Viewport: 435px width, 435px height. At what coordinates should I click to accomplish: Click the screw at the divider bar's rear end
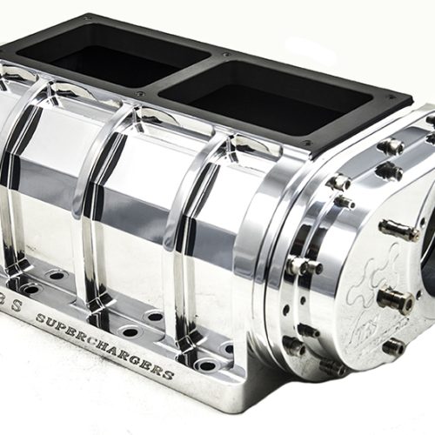coord(224,53)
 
